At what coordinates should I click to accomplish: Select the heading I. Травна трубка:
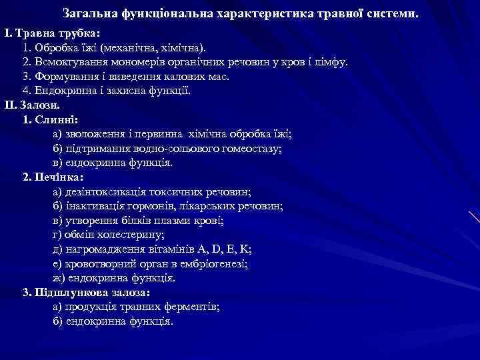(52, 33)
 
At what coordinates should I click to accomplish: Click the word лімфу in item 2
(333, 63)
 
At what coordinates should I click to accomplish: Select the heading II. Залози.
(32, 105)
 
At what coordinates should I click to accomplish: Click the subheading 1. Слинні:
(51, 120)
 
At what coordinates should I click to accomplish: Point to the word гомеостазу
(253, 149)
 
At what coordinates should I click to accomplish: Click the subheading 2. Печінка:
(53, 178)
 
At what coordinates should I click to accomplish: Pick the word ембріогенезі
(207, 263)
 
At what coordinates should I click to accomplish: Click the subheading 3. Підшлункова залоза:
(87, 293)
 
